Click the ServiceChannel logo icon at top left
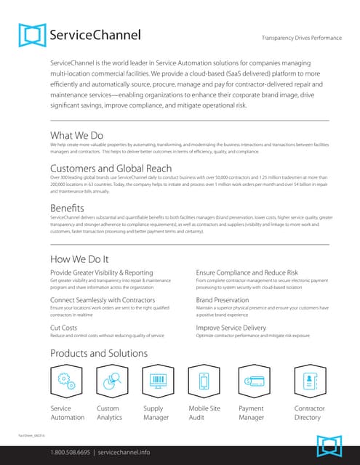pos(33,35)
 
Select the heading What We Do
pos(77,134)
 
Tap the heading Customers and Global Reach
pos(111,168)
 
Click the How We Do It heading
pos(79,259)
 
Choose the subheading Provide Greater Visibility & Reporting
pos(101,272)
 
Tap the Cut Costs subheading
pos(64,328)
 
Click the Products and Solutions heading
pos(99,354)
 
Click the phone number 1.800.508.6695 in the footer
pos(71,452)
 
